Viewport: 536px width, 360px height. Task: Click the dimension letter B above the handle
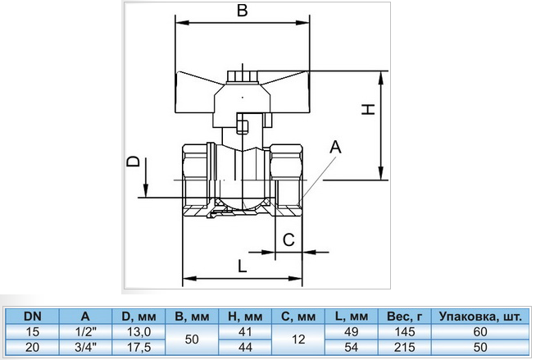click(x=242, y=11)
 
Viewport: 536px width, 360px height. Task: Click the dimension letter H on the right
click(x=369, y=109)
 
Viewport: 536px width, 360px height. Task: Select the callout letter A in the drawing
click(x=335, y=147)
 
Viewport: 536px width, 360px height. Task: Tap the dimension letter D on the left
click(x=134, y=162)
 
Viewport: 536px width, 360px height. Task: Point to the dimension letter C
click(x=288, y=239)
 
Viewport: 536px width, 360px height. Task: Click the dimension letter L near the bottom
click(x=242, y=266)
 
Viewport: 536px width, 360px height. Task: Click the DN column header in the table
click(x=33, y=317)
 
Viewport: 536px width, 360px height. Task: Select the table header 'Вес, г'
click(x=404, y=317)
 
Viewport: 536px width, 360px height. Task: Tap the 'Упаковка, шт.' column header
click(x=480, y=317)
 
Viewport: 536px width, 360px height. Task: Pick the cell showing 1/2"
click(x=85, y=331)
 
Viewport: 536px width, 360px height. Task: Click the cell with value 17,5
click(x=139, y=348)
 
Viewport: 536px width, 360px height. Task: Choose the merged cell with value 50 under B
click(x=192, y=339)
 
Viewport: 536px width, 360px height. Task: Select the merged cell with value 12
click(x=298, y=339)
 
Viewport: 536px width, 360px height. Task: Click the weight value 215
click(x=404, y=348)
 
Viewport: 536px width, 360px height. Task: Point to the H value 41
click(x=245, y=331)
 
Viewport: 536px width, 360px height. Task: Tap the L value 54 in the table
click(x=351, y=348)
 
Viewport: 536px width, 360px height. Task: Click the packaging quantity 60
click(x=480, y=331)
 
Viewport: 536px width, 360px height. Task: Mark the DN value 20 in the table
click(x=33, y=348)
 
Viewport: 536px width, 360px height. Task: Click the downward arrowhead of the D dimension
click(x=146, y=190)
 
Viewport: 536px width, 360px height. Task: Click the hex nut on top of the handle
click(x=242, y=76)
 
